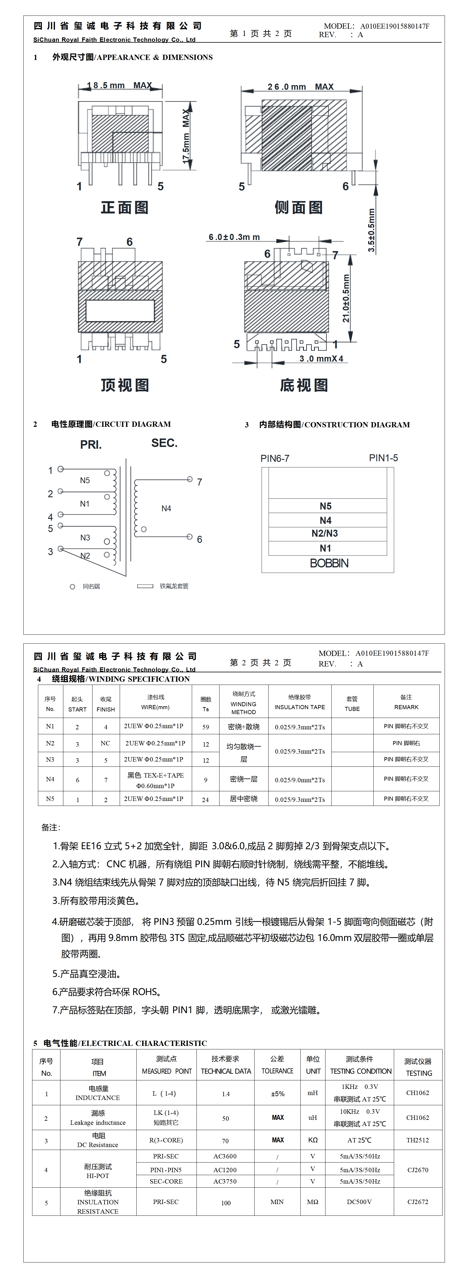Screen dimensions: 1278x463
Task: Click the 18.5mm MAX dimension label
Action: pos(119,85)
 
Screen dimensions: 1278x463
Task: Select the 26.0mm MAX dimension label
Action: pos(300,87)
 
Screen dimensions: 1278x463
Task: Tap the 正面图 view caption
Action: pos(124,207)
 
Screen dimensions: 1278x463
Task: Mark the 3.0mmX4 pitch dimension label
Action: pos(321,359)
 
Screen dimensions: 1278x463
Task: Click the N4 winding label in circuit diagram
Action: pos(166,509)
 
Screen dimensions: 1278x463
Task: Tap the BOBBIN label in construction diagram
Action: pos(329,563)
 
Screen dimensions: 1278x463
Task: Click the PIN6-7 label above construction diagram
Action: pos(275,458)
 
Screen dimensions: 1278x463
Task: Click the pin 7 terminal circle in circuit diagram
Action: pos(190,479)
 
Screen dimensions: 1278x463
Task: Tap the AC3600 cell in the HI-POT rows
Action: pos(225,1156)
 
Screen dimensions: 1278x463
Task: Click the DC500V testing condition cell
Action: pos(359,1202)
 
